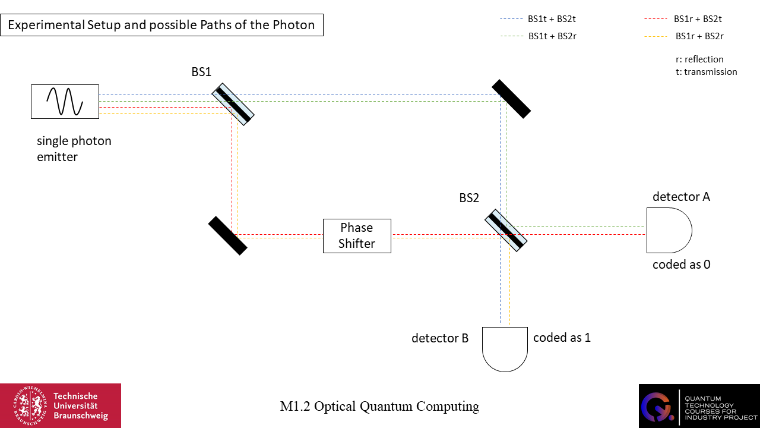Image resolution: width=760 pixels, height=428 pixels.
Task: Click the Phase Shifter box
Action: (357, 236)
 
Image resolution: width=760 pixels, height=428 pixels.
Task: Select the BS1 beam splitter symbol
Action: (233, 104)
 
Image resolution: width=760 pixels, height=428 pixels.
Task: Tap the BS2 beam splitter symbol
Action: (506, 231)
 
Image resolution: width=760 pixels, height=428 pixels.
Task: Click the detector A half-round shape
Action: (668, 230)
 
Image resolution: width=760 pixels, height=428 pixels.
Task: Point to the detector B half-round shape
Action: (505, 348)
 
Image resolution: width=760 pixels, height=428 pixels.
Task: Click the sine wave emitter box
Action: (65, 101)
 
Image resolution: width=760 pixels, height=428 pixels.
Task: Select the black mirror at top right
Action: (511, 98)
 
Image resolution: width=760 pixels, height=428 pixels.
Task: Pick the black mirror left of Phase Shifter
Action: (227, 235)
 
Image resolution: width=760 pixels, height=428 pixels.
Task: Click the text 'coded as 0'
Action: (681, 265)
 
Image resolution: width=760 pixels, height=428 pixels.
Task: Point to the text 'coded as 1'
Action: (562, 338)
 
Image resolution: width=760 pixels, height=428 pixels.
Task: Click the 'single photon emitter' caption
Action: (74, 149)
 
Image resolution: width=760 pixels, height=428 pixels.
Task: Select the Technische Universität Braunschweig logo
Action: (61, 405)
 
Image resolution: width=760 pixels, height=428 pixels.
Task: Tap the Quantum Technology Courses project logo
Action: (699, 405)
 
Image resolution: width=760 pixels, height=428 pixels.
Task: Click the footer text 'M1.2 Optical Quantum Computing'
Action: (379, 407)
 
